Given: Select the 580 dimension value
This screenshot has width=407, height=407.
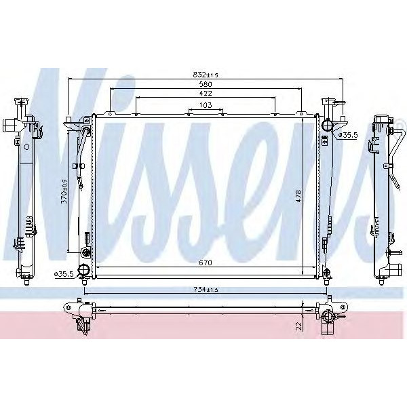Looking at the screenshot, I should (204, 84).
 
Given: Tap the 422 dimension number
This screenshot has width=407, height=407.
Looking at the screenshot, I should (204, 94).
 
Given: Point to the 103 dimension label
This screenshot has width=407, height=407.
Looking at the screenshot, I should (205, 105).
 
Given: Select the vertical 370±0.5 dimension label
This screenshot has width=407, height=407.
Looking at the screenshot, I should (64, 191).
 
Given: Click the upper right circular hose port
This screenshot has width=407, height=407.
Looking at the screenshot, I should (328, 125).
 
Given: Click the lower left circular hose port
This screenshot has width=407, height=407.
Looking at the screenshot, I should (84, 271).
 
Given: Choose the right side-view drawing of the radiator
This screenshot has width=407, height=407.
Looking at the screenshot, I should (383, 197).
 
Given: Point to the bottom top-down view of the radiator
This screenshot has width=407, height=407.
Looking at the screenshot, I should (203, 313).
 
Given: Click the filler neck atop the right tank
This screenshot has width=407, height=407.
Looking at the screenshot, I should (330, 106).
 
